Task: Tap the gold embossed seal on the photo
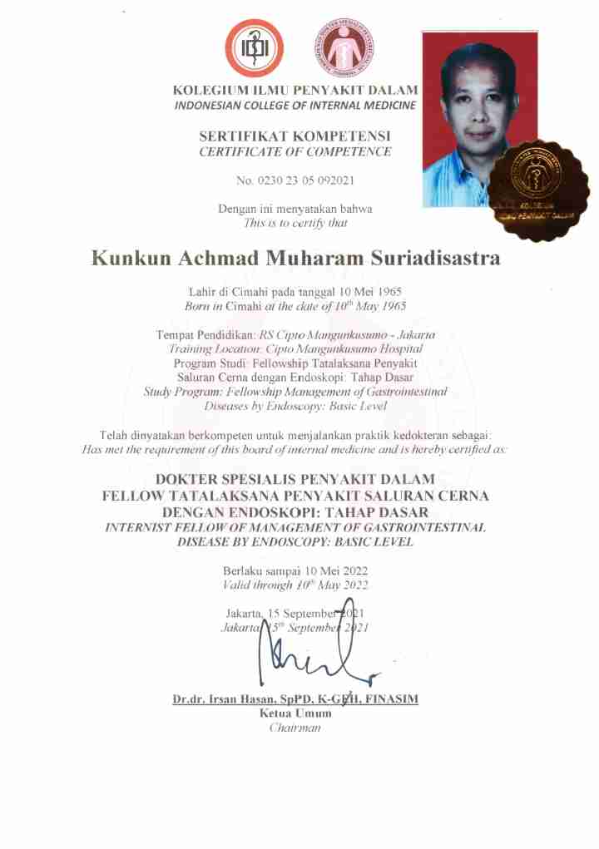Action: click(537, 190)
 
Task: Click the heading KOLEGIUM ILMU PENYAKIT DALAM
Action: click(295, 90)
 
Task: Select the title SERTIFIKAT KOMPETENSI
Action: click(295, 136)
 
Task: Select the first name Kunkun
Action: click(130, 259)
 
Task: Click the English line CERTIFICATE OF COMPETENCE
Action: click(295, 151)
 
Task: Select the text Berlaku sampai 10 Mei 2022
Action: click(295, 570)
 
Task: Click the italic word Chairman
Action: click(295, 728)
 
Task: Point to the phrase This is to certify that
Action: click(295, 223)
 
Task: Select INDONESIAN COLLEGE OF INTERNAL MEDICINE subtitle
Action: click(295, 106)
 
